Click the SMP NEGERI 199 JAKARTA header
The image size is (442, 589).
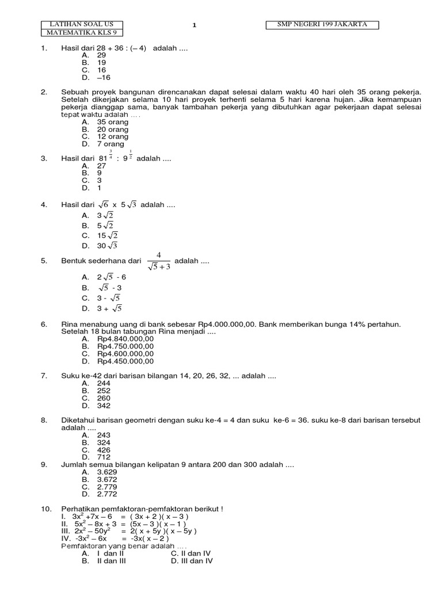tap(323, 24)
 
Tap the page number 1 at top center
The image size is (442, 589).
tap(195, 25)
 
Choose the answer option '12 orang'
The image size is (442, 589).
tap(112, 137)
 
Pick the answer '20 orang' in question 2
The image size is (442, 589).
tap(112, 129)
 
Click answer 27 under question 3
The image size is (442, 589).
tap(102, 165)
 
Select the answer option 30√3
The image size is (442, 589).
tap(107, 246)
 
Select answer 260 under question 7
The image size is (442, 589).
tap(104, 398)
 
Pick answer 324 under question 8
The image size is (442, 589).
tap(104, 443)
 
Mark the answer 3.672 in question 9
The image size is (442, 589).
tap(106, 479)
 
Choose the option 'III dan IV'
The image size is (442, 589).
tap(192, 561)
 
